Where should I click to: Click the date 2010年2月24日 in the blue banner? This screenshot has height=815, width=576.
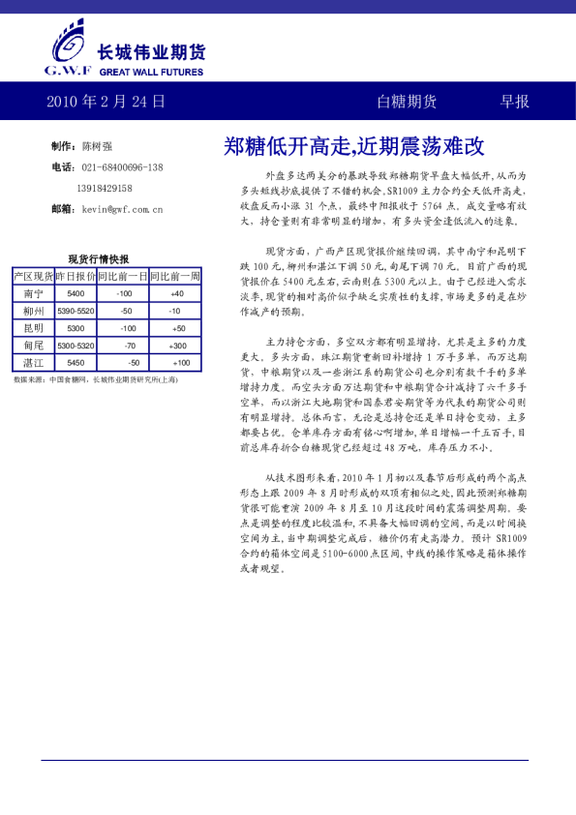(x=106, y=102)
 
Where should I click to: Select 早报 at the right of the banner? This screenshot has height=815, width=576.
(x=514, y=102)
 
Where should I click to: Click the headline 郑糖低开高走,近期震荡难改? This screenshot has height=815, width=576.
(x=353, y=147)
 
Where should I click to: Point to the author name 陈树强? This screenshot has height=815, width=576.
(x=97, y=146)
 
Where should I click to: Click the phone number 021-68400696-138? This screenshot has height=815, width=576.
(x=122, y=167)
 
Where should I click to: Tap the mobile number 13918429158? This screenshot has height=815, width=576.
(x=105, y=188)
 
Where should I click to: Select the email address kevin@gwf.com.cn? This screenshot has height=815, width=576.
(x=122, y=209)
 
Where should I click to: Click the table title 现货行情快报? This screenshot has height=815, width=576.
(x=98, y=259)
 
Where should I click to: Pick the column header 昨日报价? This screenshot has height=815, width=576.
(x=76, y=276)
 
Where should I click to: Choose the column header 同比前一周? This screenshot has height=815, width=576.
(x=175, y=276)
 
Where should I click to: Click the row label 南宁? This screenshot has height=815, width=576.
(x=33, y=293)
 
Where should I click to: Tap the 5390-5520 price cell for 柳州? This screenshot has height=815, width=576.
(x=76, y=311)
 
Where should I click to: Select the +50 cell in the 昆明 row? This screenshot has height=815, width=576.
(x=176, y=328)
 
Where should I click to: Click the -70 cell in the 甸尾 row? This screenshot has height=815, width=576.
(x=126, y=346)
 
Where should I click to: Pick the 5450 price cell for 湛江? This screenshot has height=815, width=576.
(x=76, y=363)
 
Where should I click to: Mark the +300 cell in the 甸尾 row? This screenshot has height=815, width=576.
(x=176, y=346)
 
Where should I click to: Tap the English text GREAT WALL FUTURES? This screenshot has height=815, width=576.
(x=151, y=72)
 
